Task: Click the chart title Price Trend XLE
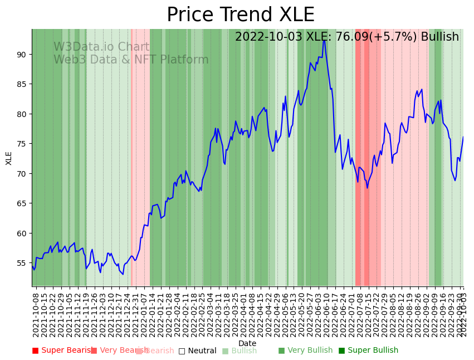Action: click(x=241, y=15)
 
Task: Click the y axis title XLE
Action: click(x=9, y=158)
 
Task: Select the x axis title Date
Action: click(x=247, y=343)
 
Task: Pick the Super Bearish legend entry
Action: click(x=62, y=351)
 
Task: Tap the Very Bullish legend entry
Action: click(x=305, y=351)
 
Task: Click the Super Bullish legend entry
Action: click(x=368, y=351)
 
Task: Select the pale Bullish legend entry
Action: click(x=240, y=351)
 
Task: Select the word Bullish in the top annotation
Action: click(x=440, y=37)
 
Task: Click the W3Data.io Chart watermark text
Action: click(x=101, y=47)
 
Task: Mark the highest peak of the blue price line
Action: click(x=324, y=40)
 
